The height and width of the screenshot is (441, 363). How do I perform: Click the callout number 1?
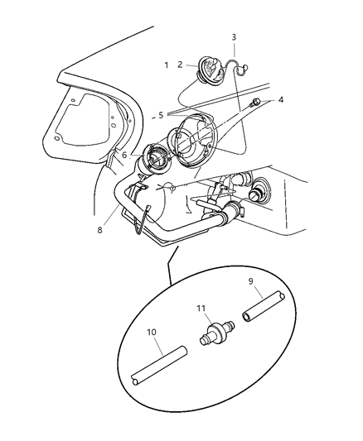[167, 65]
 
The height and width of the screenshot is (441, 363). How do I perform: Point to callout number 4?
[280, 100]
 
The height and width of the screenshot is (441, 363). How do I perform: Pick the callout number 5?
[161, 115]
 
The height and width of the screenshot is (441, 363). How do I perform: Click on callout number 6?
[124, 155]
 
